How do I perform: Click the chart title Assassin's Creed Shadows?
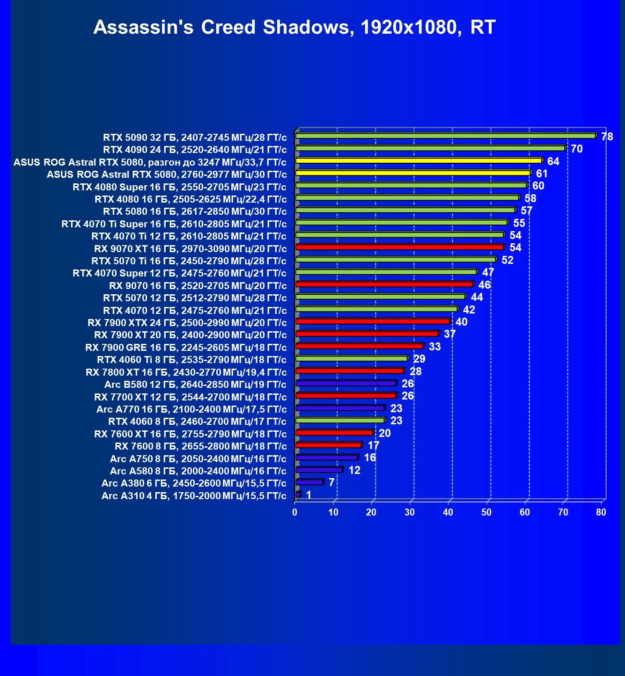(294, 27)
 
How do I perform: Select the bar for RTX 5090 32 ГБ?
(445, 136)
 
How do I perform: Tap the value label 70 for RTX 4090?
(577, 149)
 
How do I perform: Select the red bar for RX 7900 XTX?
(373, 321)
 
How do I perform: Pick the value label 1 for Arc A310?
(309, 495)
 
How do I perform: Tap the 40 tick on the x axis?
(448, 513)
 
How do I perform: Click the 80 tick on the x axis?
(601, 513)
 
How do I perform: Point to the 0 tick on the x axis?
(294, 513)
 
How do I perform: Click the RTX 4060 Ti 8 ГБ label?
(191, 360)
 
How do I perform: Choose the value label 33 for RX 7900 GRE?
(435, 347)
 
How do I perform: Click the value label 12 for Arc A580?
(354, 470)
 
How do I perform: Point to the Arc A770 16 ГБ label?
(191, 409)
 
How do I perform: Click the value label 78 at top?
(607, 137)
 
